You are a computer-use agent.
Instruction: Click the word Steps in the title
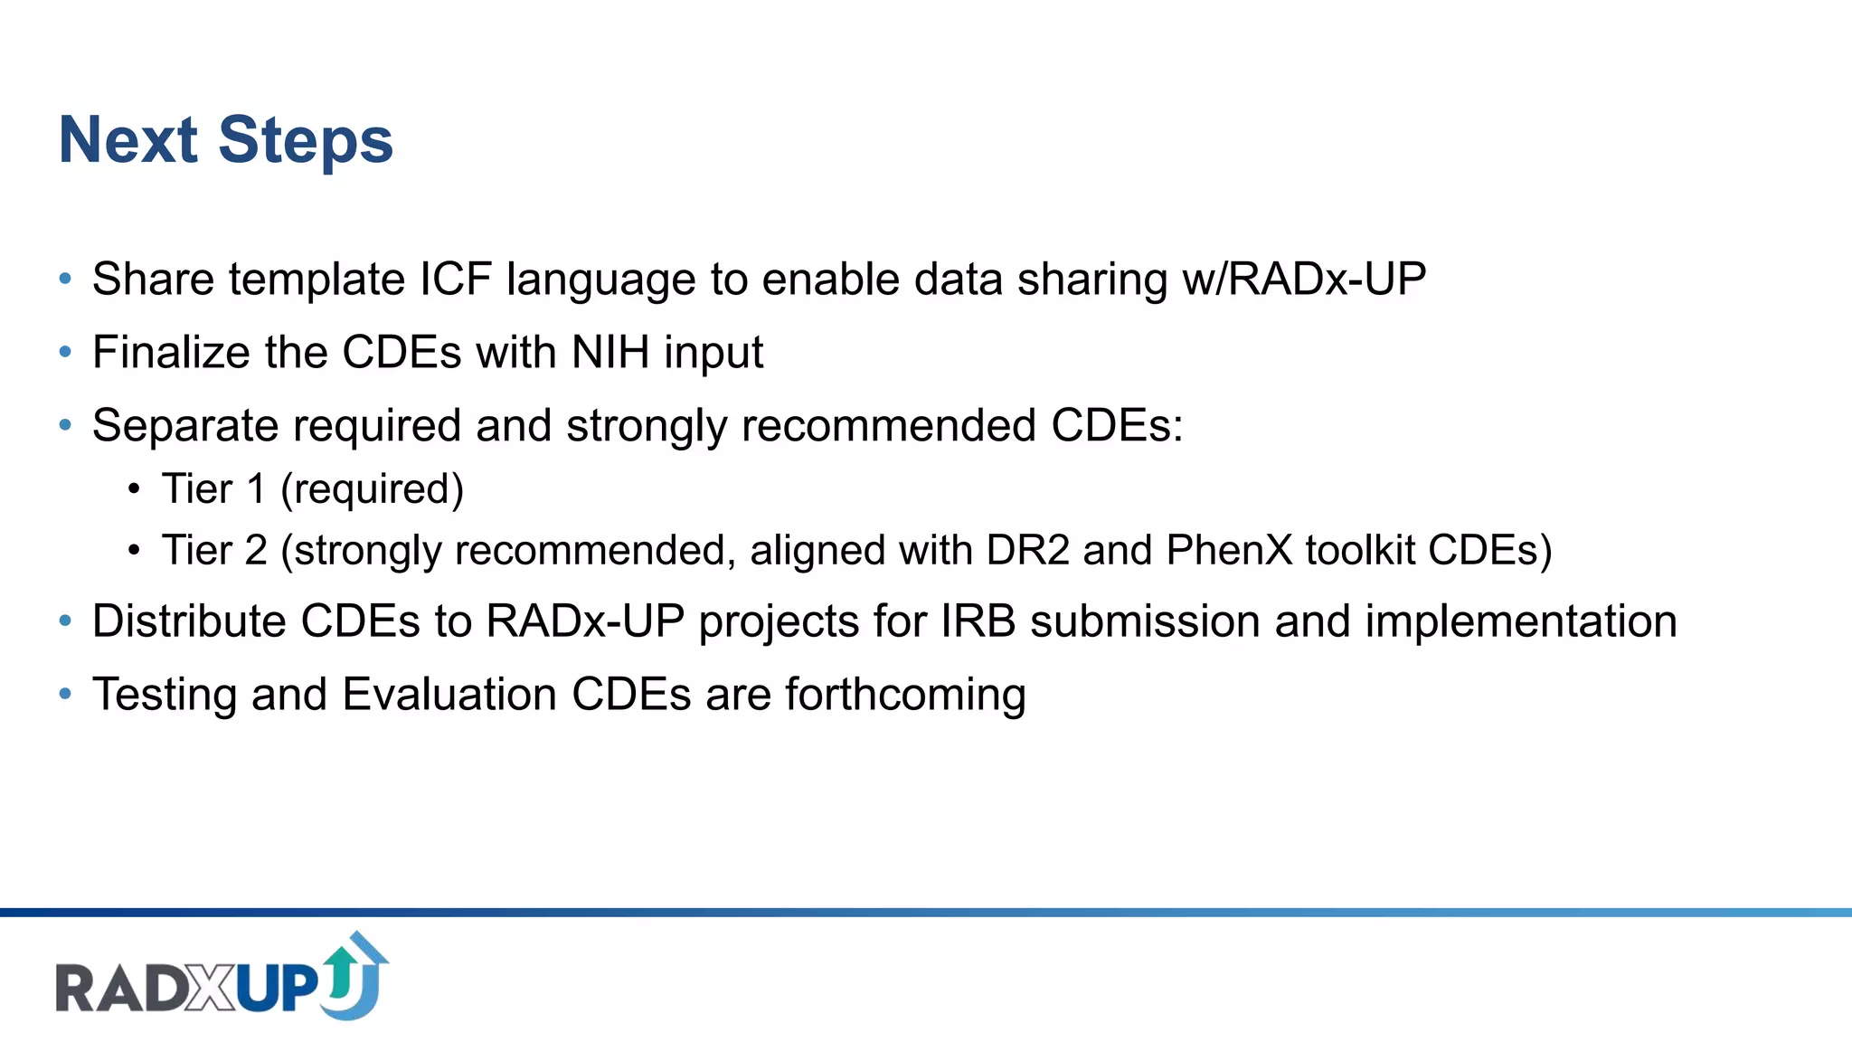306,141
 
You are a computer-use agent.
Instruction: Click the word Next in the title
128,141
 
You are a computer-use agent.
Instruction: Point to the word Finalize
171,352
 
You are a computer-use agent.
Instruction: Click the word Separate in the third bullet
186,425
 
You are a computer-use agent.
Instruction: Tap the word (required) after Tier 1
372,489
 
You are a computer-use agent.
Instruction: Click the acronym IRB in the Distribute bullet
978,621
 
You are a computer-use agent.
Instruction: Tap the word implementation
1520,621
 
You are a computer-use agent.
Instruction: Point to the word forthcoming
905,695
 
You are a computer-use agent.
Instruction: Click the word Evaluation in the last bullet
449,695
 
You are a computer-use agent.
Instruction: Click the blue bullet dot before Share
65,279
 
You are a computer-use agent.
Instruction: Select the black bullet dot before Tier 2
134,550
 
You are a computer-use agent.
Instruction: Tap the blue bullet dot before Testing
65,695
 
